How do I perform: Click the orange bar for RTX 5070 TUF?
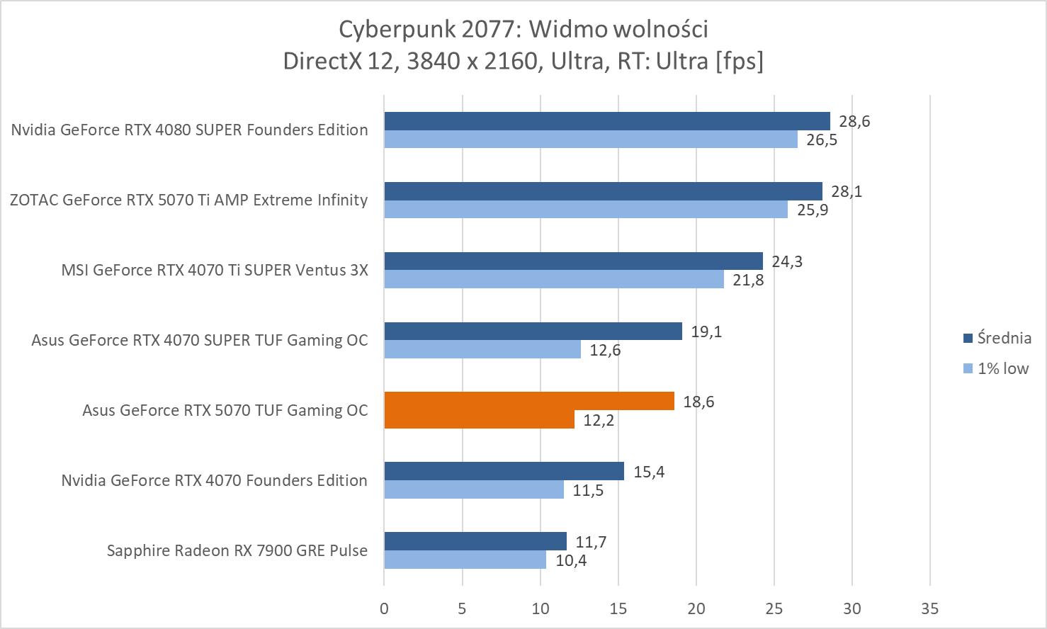(528, 402)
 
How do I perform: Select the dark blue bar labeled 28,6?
(606, 121)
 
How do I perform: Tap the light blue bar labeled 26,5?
(590, 139)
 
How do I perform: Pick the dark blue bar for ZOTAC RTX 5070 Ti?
(603, 191)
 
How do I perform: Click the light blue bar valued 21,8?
(553, 279)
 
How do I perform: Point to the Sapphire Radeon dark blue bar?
(475, 541)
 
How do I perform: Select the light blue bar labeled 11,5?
(473, 489)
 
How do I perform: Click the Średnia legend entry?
(996, 339)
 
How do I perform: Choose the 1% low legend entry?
(995, 368)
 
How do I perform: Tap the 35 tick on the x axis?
(930, 608)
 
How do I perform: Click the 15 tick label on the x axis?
(618, 608)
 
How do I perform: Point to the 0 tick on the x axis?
(384, 608)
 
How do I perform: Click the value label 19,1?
(706, 331)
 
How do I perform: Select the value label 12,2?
(599, 420)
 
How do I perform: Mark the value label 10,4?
(571, 560)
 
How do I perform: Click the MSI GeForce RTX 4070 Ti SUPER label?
(215, 270)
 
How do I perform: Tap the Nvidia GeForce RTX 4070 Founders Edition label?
(214, 480)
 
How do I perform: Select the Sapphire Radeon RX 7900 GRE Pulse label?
(237, 550)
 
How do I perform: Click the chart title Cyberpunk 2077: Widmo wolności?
(523, 29)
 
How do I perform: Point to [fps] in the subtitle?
(740, 62)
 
